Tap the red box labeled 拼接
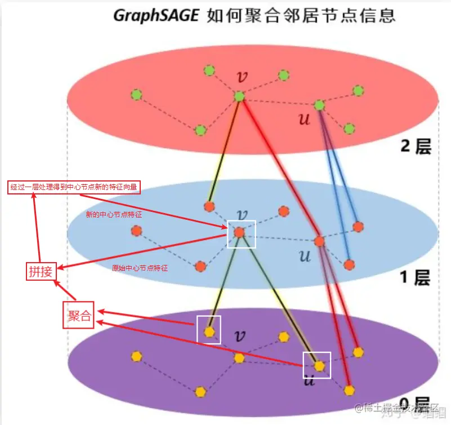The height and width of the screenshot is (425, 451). tap(41, 272)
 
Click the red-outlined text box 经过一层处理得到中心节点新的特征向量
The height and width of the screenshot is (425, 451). tap(74, 187)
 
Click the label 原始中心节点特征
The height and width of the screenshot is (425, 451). tap(140, 268)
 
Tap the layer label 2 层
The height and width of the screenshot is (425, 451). tap(415, 146)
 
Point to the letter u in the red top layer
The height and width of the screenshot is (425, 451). tap(304, 119)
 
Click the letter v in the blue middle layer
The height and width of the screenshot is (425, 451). tap(242, 214)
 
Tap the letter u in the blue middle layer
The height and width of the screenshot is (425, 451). tap(305, 256)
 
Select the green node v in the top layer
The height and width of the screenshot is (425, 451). tap(239, 96)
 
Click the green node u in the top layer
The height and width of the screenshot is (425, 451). tap(319, 105)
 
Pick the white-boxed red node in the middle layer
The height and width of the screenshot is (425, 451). tap(240, 232)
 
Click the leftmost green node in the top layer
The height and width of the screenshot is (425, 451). tap(136, 94)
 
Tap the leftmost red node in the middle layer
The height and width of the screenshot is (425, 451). tap(136, 231)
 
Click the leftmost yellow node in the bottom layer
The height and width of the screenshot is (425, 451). tap(136, 356)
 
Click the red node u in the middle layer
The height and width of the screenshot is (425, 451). tap(319, 241)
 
